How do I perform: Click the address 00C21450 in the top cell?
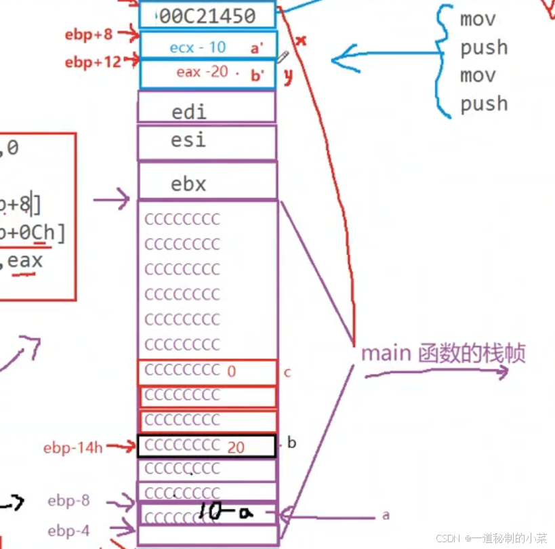[x=207, y=15]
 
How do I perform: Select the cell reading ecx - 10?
[x=198, y=47]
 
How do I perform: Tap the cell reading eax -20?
[x=202, y=72]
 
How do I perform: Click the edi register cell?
[x=189, y=111]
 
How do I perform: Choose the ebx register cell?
[x=189, y=184]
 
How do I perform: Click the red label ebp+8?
[x=89, y=34]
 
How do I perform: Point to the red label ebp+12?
[x=92, y=62]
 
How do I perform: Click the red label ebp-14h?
[x=73, y=447]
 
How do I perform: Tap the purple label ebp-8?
[x=68, y=501]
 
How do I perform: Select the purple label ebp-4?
[x=68, y=531]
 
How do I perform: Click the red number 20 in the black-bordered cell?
[x=236, y=447]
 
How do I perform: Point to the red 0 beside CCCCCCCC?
[x=232, y=371]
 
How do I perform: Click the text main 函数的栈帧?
[x=443, y=354]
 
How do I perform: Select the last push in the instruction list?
[x=484, y=104]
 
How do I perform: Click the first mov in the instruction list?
[x=478, y=19]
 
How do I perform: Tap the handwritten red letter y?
[x=288, y=77]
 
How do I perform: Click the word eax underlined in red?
[x=25, y=260]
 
